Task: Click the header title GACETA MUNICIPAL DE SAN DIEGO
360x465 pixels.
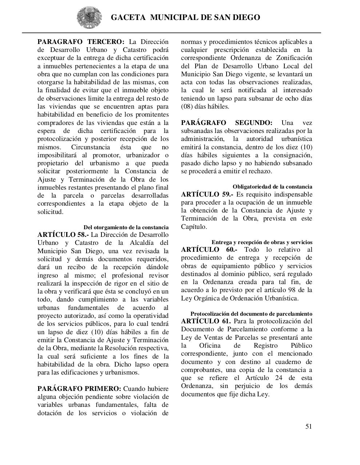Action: (185, 17)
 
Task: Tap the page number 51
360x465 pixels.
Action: (308, 426)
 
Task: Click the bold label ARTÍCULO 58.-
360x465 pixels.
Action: (63, 235)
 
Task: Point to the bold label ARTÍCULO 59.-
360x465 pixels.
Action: (207, 194)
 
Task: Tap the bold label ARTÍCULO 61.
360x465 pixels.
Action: (206, 321)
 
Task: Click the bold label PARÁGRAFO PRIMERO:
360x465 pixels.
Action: (79, 389)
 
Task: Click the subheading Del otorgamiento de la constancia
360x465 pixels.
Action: (126, 227)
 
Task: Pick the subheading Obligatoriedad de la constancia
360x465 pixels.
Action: (272, 187)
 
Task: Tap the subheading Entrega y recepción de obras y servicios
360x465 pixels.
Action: (262, 242)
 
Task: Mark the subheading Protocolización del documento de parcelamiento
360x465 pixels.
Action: (251, 314)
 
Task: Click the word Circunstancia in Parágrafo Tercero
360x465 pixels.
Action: (91, 147)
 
